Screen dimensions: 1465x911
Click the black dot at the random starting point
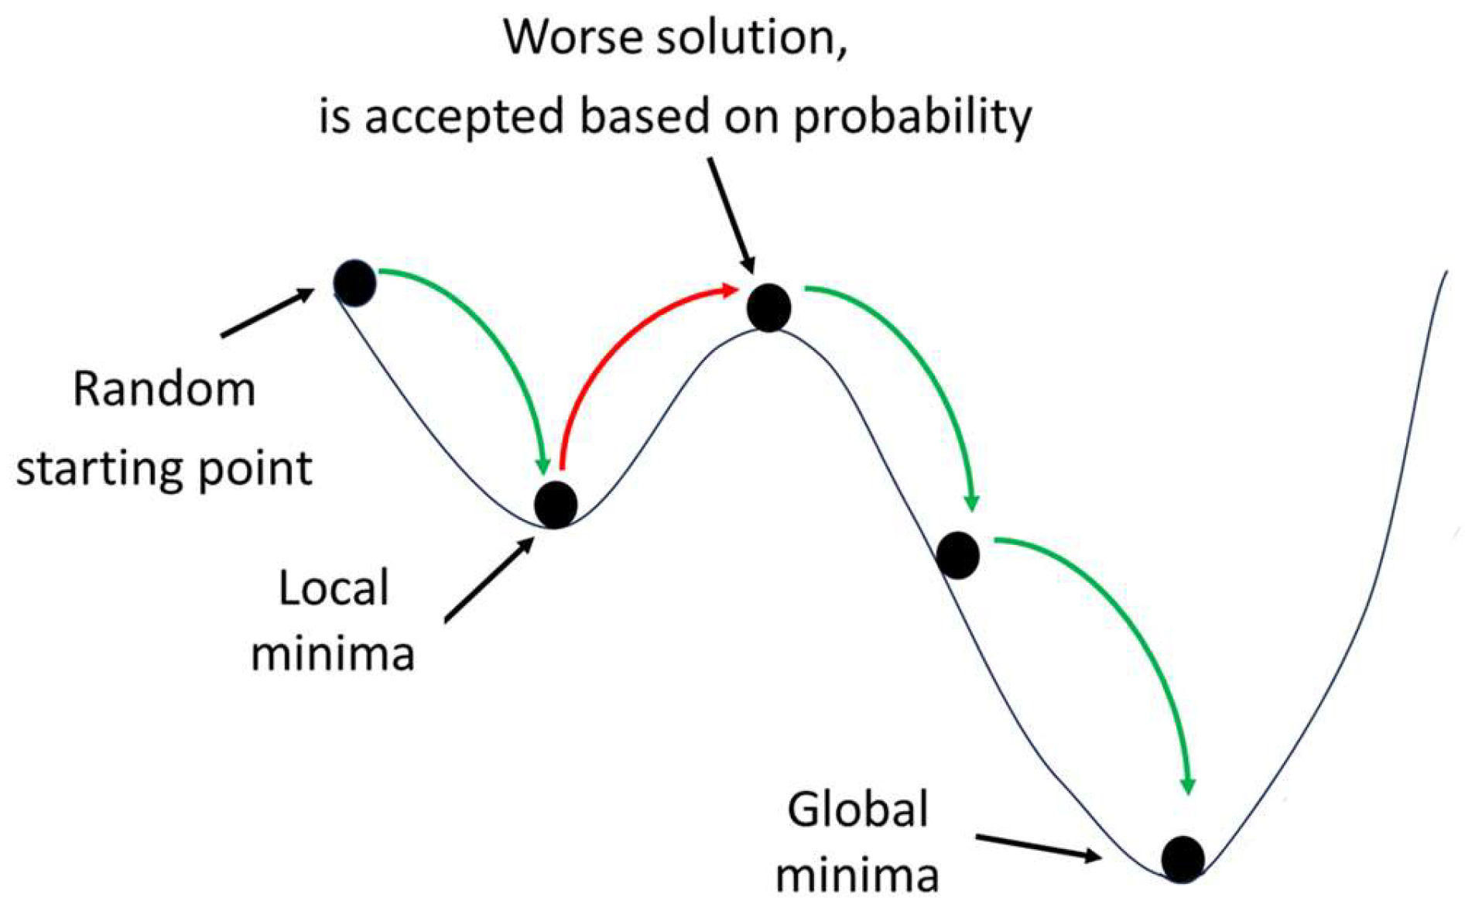[354, 283]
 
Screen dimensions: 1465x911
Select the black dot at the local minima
[556, 504]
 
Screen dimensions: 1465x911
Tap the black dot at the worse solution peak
[768, 307]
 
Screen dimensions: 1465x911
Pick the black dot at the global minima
[1183, 858]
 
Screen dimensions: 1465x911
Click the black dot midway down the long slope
[958, 555]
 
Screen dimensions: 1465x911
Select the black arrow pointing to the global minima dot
[1037, 847]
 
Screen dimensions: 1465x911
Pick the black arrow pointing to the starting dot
[267, 313]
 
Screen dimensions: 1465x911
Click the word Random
[164, 389]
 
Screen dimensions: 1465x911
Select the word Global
[857, 810]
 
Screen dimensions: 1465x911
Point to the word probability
[912, 118]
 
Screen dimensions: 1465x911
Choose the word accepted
[464, 118]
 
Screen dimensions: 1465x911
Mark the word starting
[98, 469]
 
